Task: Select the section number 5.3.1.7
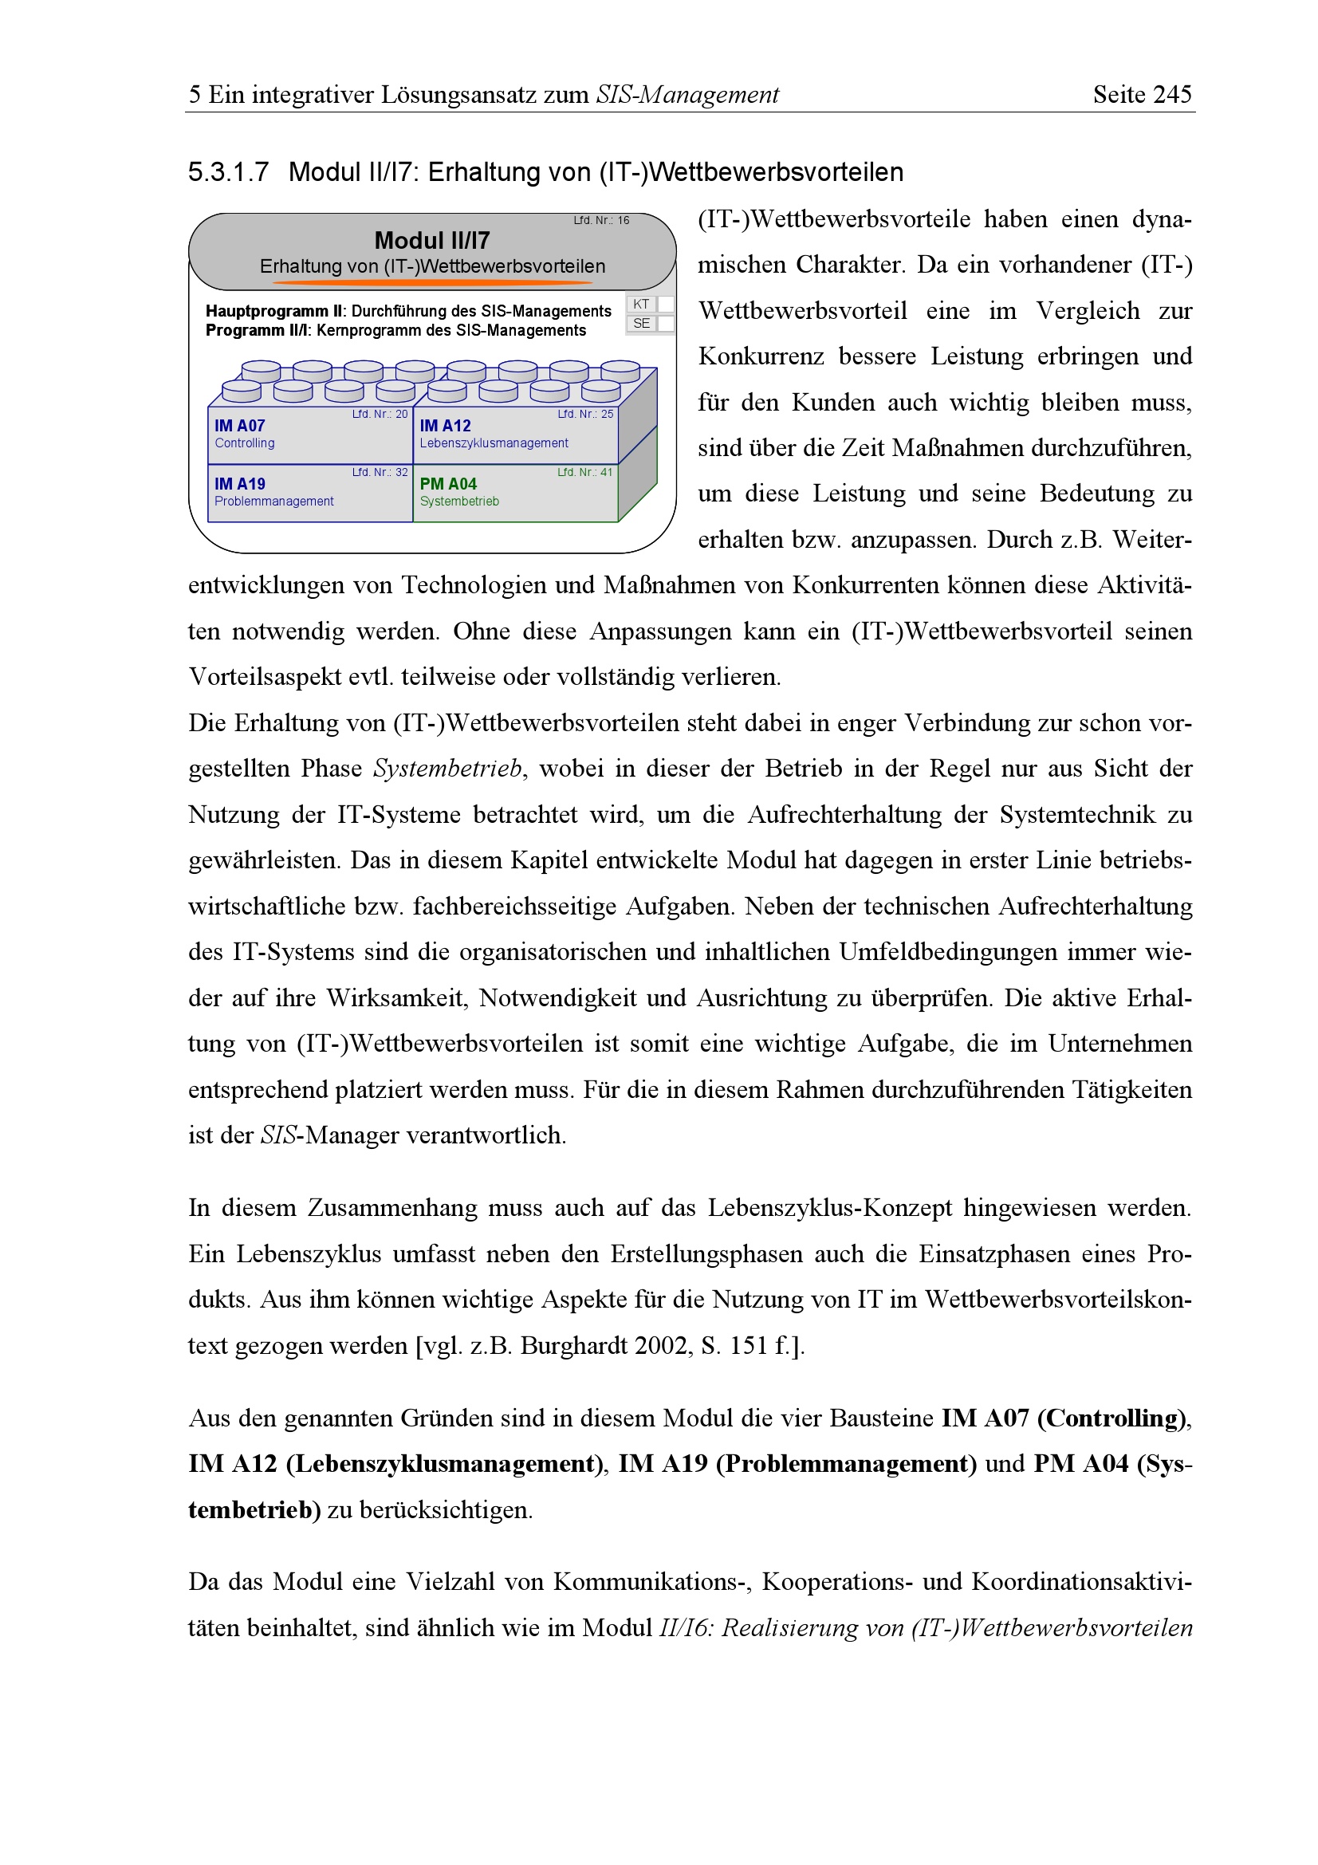pos(228,172)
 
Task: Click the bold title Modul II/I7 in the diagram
pos(431,241)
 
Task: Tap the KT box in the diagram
pos(641,304)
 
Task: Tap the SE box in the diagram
pos(641,323)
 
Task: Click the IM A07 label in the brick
pos(239,426)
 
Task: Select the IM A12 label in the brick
pos(445,426)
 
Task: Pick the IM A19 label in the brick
pos(239,484)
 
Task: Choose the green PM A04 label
pos(448,484)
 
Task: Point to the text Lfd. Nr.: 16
pos(601,220)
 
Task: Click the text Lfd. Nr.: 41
pos(584,472)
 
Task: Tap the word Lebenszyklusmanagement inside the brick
pos(494,443)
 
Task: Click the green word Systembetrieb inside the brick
pos(458,502)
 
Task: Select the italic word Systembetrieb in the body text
pos(447,769)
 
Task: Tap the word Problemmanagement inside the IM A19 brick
pos(273,502)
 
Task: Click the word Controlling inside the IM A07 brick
pos(245,443)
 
